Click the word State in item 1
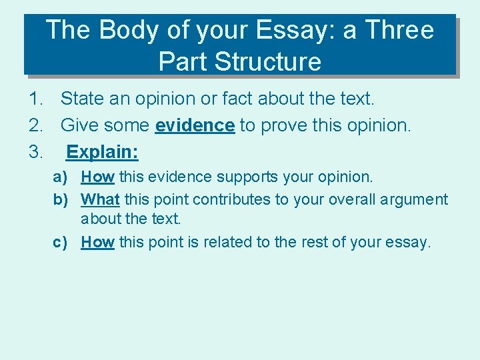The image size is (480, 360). [x=81, y=99]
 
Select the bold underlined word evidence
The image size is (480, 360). [x=195, y=125]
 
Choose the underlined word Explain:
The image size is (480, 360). [x=102, y=152]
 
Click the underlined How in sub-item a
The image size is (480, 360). [x=97, y=177]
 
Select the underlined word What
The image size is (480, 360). [x=100, y=199]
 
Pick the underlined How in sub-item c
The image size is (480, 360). [x=97, y=243]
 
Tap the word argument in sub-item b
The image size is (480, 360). [x=415, y=200]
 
